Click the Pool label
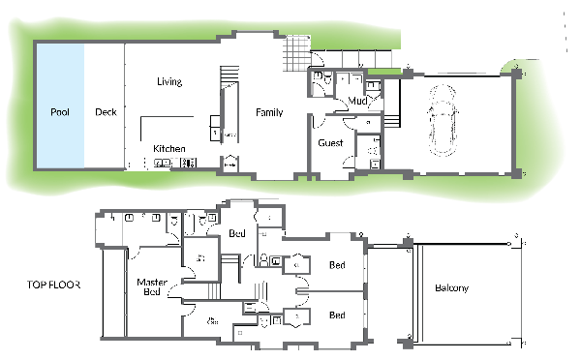pyautogui.click(x=59, y=112)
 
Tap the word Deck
pyautogui.click(x=106, y=112)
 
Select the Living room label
pyautogui.click(x=169, y=82)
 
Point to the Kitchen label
pyautogui.click(x=169, y=148)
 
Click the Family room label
pyautogui.click(x=269, y=112)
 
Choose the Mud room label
pyautogui.click(x=357, y=100)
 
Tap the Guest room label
pyautogui.click(x=331, y=143)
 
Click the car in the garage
pyautogui.click(x=447, y=117)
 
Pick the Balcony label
pyautogui.click(x=452, y=288)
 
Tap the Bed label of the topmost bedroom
pyautogui.click(x=236, y=233)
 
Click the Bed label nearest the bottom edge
pyautogui.click(x=337, y=315)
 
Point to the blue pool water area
pyautogui.click(x=59, y=135)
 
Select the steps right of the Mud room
pyautogui.click(x=393, y=122)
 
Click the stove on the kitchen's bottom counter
pyautogui.click(x=164, y=164)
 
